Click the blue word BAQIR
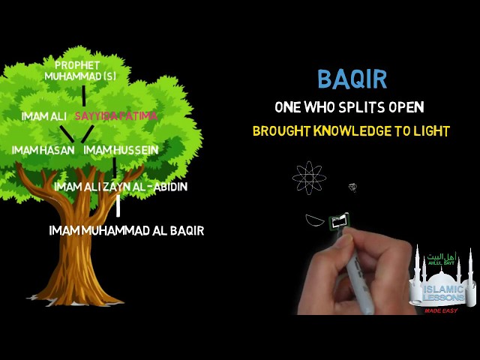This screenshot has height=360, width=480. [352, 79]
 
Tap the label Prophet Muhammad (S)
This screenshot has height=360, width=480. [80, 70]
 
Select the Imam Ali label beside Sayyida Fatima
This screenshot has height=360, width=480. [44, 116]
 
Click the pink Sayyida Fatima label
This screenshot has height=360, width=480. [116, 116]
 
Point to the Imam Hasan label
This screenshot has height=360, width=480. [43, 150]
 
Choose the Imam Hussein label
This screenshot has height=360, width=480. [121, 150]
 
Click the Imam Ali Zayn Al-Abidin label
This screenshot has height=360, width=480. [121, 187]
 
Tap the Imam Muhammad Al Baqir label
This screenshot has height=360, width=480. [127, 230]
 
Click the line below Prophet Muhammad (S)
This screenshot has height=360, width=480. [83, 96]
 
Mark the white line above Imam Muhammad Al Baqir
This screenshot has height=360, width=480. [118, 205]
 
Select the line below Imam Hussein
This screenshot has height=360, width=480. [115, 167]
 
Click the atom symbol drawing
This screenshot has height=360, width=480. [309, 178]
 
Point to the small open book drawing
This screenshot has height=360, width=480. [339, 220]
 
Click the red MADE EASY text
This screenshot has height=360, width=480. [441, 310]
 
